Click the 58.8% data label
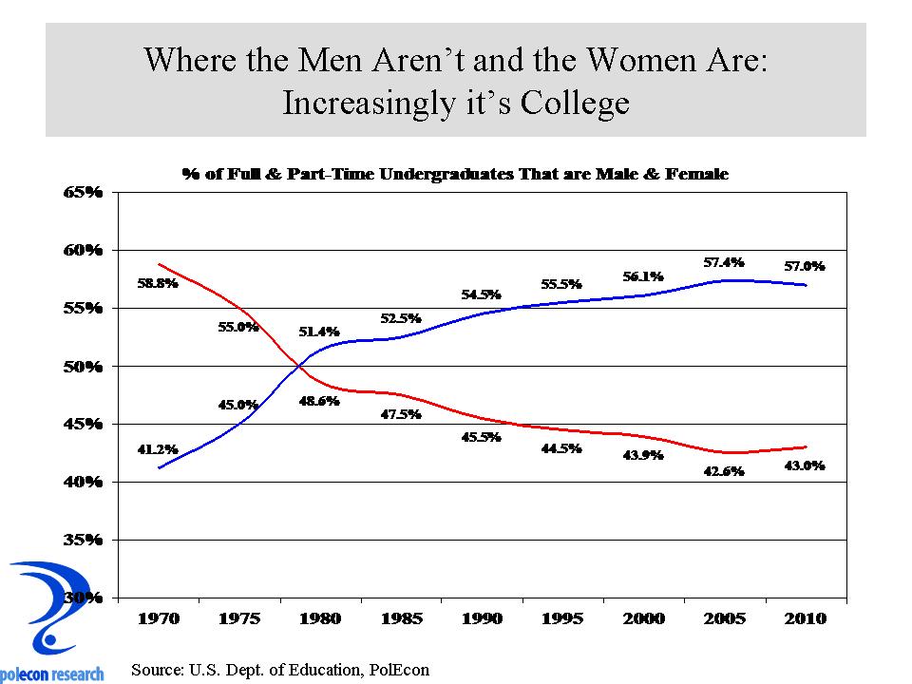click(x=158, y=283)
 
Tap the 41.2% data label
click(x=158, y=448)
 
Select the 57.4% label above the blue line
click(x=724, y=261)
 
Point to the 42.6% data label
click(x=724, y=471)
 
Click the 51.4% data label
click(x=319, y=332)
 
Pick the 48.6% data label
click(x=319, y=401)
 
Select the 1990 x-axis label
click(x=482, y=618)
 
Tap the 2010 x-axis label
click(x=806, y=618)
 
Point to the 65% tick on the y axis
click(x=83, y=192)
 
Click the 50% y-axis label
click(x=83, y=366)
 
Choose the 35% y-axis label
click(x=83, y=540)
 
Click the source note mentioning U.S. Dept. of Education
click(x=280, y=669)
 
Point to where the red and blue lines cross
click(x=300, y=365)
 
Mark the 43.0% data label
click(x=805, y=465)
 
